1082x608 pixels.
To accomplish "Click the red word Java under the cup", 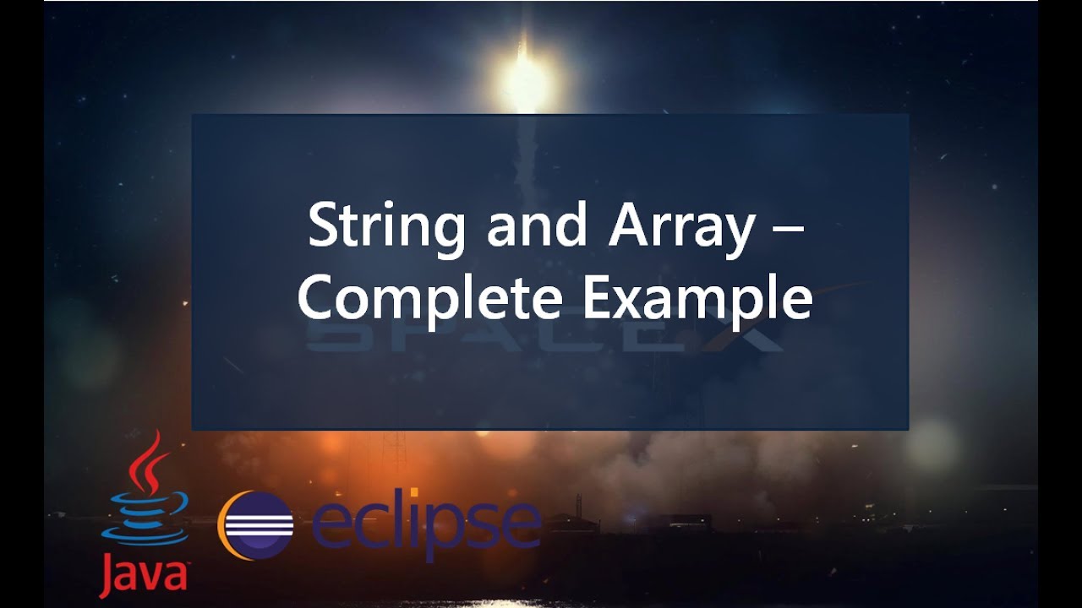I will tap(142, 575).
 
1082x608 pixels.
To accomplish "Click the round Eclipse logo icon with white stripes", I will tap(256, 524).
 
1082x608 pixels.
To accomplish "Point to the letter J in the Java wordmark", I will tap(108, 576).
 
